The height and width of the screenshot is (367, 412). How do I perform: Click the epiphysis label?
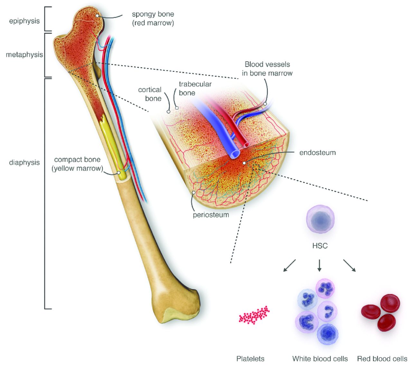pyautogui.click(x=24, y=21)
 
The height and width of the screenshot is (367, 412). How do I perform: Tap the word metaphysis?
pyautogui.click(x=24, y=55)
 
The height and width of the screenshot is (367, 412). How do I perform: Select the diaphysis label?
pyautogui.click(x=24, y=163)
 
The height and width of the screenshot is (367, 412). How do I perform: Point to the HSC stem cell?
pyautogui.click(x=320, y=219)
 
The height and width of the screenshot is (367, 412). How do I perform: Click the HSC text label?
pyautogui.click(x=320, y=246)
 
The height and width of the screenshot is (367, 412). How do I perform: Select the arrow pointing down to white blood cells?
pyautogui.click(x=319, y=265)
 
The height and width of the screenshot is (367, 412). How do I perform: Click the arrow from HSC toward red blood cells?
pyautogui.click(x=350, y=265)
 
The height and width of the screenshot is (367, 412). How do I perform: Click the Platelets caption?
pyautogui.click(x=250, y=359)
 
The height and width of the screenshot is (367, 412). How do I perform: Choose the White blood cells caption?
pyautogui.click(x=320, y=359)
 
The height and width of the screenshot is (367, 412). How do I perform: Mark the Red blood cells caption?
pyautogui.click(x=382, y=359)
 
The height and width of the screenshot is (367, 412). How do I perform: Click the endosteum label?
pyautogui.click(x=317, y=153)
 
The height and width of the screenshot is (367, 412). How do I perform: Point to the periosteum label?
pyautogui.click(x=211, y=215)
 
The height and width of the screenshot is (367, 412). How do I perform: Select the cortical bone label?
pyautogui.click(x=150, y=94)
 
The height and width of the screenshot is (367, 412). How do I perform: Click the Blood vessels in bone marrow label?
pyautogui.click(x=267, y=69)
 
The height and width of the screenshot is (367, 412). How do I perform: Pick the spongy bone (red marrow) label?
pyautogui.click(x=153, y=19)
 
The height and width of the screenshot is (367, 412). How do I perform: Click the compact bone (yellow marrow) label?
pyautogui.click(x=77, y=164)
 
